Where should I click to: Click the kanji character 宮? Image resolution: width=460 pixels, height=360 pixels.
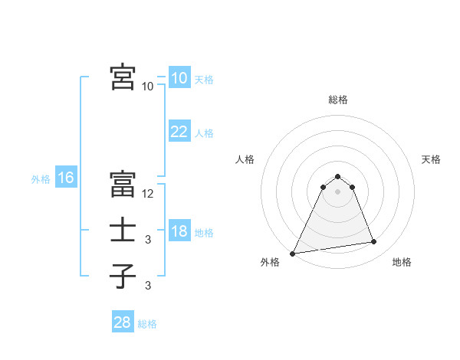[x=123, y=77]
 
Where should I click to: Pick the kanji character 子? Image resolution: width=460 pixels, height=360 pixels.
[x=123, y=276]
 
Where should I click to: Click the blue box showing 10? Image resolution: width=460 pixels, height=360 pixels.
[x=179, y=78]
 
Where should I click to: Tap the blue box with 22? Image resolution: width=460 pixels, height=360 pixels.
[x=179, y=132]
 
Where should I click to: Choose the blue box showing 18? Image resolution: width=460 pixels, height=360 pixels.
[x=179, y=231]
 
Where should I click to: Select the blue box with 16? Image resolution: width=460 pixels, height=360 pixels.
[x=65, y=178]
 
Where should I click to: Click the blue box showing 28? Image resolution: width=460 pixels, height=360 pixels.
[x=122, y=322]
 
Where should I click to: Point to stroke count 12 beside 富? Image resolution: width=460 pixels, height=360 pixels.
[x=148, y=194]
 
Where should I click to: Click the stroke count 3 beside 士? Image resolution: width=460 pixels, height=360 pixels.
[x=148, y=240]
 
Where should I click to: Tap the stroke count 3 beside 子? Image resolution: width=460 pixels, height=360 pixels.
[x=148, y=286]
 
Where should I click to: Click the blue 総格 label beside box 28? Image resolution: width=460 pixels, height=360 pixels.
[x=147, y=324]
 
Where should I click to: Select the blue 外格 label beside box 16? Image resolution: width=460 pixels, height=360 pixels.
[x=41, y=179]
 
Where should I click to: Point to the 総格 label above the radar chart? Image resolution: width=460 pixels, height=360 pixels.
[x=338, y=100]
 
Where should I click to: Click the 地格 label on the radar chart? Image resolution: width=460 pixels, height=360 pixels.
[x=402, y=262]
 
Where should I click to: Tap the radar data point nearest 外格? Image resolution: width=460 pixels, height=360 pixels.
[x=293, y=254]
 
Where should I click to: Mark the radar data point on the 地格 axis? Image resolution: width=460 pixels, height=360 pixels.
[x=374, y=242]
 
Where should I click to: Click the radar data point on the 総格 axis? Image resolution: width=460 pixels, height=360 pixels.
[x=338, y=176]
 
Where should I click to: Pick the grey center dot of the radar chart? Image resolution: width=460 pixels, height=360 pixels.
[x=338, y=191]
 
